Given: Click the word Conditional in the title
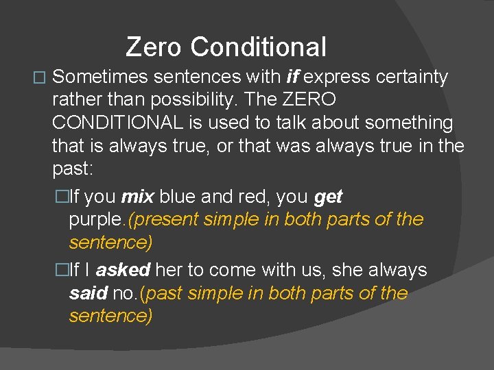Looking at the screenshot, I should point(259,47).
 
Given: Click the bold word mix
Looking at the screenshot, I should point(138,197).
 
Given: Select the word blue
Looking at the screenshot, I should point(176,197).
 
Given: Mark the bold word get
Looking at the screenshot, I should point(328,197).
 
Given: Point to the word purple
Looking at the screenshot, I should point(97,221).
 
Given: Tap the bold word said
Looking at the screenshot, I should point(88,294).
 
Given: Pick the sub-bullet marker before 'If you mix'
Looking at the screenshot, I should point(63,198).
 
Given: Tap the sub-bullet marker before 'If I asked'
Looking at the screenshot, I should point(63,271).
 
